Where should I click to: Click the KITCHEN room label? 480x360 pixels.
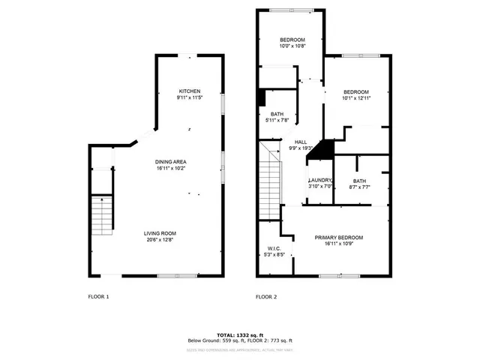[189, 91]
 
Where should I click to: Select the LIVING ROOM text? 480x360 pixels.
[160, 233]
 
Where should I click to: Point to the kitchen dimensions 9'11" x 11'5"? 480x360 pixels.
[189, 97]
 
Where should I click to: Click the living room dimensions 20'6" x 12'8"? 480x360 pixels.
[160, 240]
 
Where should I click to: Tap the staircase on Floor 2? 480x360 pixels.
[269, 179]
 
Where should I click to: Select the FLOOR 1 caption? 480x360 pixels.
[98, 297]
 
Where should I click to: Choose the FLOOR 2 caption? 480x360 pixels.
[266, 297]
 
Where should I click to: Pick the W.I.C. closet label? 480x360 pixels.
[274, 248]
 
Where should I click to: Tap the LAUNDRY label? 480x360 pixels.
[320, 181]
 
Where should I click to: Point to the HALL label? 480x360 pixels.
[301, 142]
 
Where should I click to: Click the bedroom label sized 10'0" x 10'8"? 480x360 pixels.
[291, 40]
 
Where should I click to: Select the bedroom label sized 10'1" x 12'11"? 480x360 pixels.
[356, 91]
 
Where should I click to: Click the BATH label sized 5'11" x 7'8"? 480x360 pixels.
[277, 114]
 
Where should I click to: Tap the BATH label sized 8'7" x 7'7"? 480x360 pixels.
[359, 181]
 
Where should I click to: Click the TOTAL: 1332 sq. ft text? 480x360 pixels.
[240, 334]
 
